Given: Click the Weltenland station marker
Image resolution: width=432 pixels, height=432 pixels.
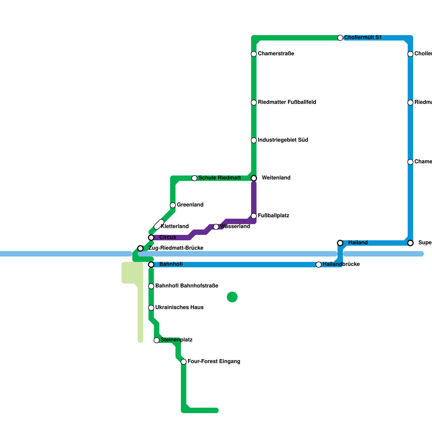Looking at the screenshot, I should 254,178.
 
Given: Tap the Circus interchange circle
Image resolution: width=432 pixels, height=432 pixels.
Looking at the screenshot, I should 151,238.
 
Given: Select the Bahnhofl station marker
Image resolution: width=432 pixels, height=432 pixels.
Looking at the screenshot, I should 151,265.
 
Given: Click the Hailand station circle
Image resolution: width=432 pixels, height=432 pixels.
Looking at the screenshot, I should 340,243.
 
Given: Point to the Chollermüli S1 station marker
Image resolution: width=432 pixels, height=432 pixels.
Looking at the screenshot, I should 340,38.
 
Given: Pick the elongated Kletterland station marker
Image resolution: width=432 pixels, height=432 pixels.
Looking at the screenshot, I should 159,224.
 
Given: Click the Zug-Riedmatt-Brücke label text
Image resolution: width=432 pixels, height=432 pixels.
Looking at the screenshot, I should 176,248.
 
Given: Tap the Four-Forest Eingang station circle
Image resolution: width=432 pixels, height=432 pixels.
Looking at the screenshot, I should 184,362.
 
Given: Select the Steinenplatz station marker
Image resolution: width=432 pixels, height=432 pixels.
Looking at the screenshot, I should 157,340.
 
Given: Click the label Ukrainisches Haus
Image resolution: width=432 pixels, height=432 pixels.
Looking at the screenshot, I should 179,308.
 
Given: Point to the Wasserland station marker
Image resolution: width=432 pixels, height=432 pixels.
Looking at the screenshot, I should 216,227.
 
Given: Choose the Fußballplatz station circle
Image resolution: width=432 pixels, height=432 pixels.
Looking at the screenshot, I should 254,216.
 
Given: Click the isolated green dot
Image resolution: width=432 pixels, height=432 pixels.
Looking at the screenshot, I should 232,297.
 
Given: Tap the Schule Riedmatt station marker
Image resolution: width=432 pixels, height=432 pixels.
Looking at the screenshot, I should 194,178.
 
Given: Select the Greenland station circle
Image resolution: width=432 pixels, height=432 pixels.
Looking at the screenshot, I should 173,205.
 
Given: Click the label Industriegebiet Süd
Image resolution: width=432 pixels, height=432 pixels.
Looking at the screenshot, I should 283,140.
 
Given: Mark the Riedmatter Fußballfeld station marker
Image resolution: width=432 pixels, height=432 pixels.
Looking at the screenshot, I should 254,103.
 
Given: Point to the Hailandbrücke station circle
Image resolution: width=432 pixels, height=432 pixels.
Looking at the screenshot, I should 319,265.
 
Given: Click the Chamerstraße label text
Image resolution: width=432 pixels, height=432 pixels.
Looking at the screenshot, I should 276,54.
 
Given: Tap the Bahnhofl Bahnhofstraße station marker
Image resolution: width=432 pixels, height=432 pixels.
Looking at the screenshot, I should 151,286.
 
